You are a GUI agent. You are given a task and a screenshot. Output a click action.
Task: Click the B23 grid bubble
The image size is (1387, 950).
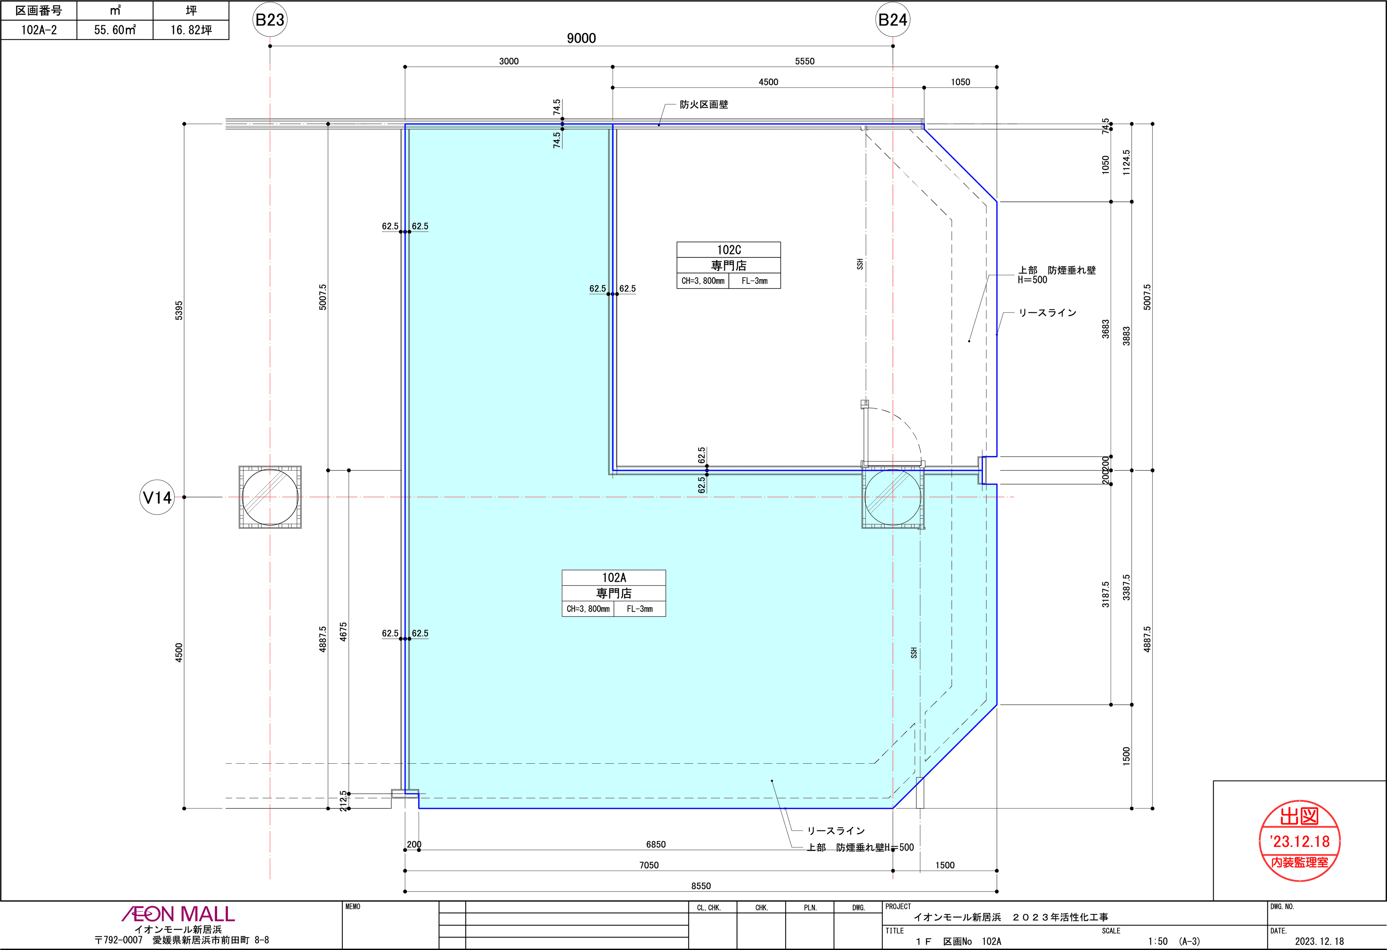click(x=270, y=20)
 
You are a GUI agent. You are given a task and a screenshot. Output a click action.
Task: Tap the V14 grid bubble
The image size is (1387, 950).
click(x=157, y=497)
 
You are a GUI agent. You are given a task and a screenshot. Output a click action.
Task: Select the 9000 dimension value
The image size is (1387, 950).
click(x=581, y=38)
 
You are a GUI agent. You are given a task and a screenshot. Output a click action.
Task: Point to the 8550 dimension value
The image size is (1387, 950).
click(x=701, y=886)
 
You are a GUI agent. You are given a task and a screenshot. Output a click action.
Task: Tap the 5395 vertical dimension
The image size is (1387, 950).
click(x=179, y=310)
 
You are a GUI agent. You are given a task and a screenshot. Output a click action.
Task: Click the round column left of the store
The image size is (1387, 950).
click(x=270, y=497)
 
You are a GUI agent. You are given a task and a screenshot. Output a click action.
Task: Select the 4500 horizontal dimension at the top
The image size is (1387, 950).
click(x=768, y=82)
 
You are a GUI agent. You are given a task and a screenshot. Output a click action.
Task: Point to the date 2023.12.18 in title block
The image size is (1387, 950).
click(x=1319, y=941)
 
